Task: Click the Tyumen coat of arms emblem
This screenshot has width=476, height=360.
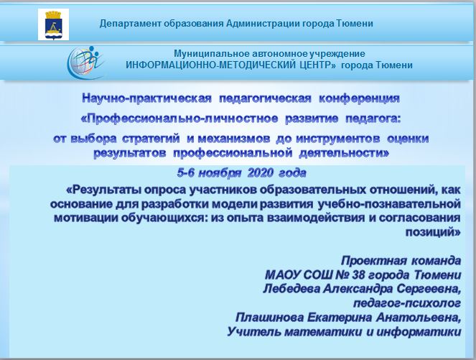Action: (x=53, y=24)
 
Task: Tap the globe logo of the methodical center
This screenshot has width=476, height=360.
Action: (x=85, y=63)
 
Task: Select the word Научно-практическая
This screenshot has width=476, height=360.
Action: (x=147, y=98)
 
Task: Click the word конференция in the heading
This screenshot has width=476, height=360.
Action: (x=359, y=98)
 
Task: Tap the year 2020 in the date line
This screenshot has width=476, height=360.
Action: (x=261, y=173)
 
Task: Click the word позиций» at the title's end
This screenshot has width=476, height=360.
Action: (x=433, y=232)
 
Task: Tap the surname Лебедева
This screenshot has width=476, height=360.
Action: (x=291, y=289)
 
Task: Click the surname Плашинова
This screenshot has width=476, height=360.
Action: (x=269, y=318)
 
